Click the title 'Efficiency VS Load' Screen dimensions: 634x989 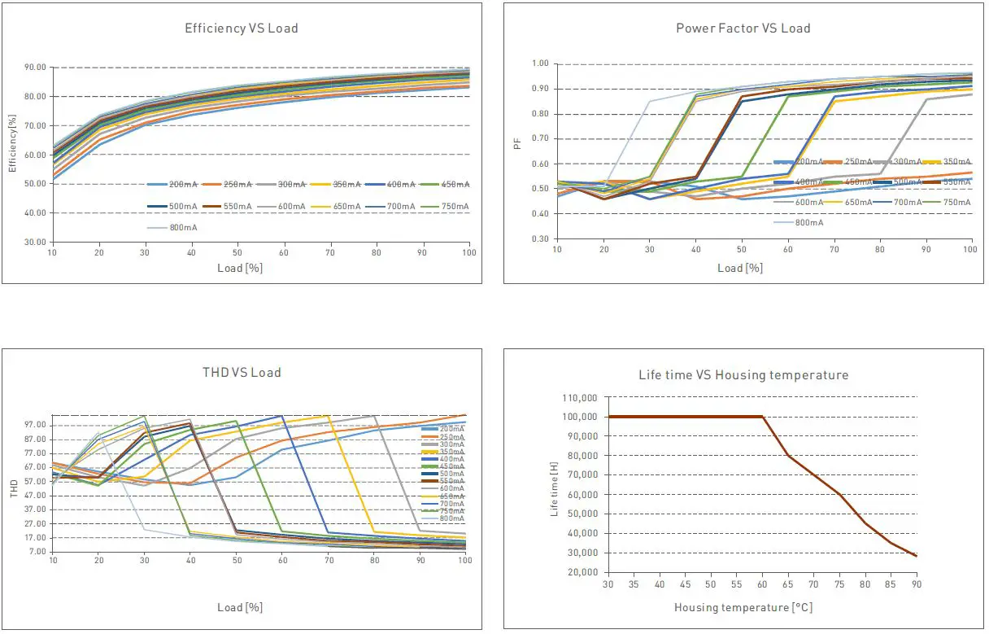242,28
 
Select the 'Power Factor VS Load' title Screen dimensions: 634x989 743,28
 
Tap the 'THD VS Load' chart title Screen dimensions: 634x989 242,373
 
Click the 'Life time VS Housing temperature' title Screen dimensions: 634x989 743,375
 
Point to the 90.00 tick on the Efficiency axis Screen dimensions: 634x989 35,68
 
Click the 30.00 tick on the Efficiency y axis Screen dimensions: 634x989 35,243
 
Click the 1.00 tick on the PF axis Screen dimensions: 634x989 540,63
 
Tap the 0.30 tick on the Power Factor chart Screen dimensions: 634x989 540,239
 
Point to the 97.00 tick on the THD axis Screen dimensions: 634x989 35,425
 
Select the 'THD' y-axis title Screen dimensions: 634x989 14,489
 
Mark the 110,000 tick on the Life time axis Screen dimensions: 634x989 581,397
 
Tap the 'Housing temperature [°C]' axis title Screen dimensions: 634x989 743,607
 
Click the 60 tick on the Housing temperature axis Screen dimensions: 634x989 762,584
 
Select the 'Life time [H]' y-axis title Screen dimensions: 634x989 555,488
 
